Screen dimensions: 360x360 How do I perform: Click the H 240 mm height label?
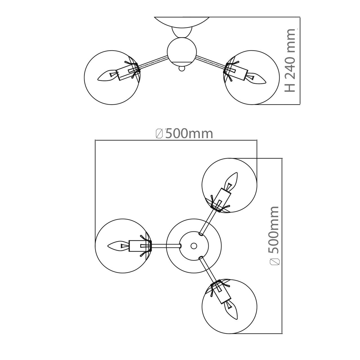tap(290, 60)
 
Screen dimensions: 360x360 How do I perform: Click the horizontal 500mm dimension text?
tap(189, 134)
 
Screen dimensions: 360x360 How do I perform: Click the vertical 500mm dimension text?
tap(273, 229)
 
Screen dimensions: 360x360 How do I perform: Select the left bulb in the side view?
tap(108, 76)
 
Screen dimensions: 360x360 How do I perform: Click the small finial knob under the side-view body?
tap(182, 68)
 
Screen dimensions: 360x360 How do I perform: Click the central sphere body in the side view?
tap(182, 52)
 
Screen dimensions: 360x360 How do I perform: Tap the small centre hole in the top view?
tap(193, 246)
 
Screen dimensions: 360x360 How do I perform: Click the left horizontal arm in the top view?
tap(166, 246)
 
